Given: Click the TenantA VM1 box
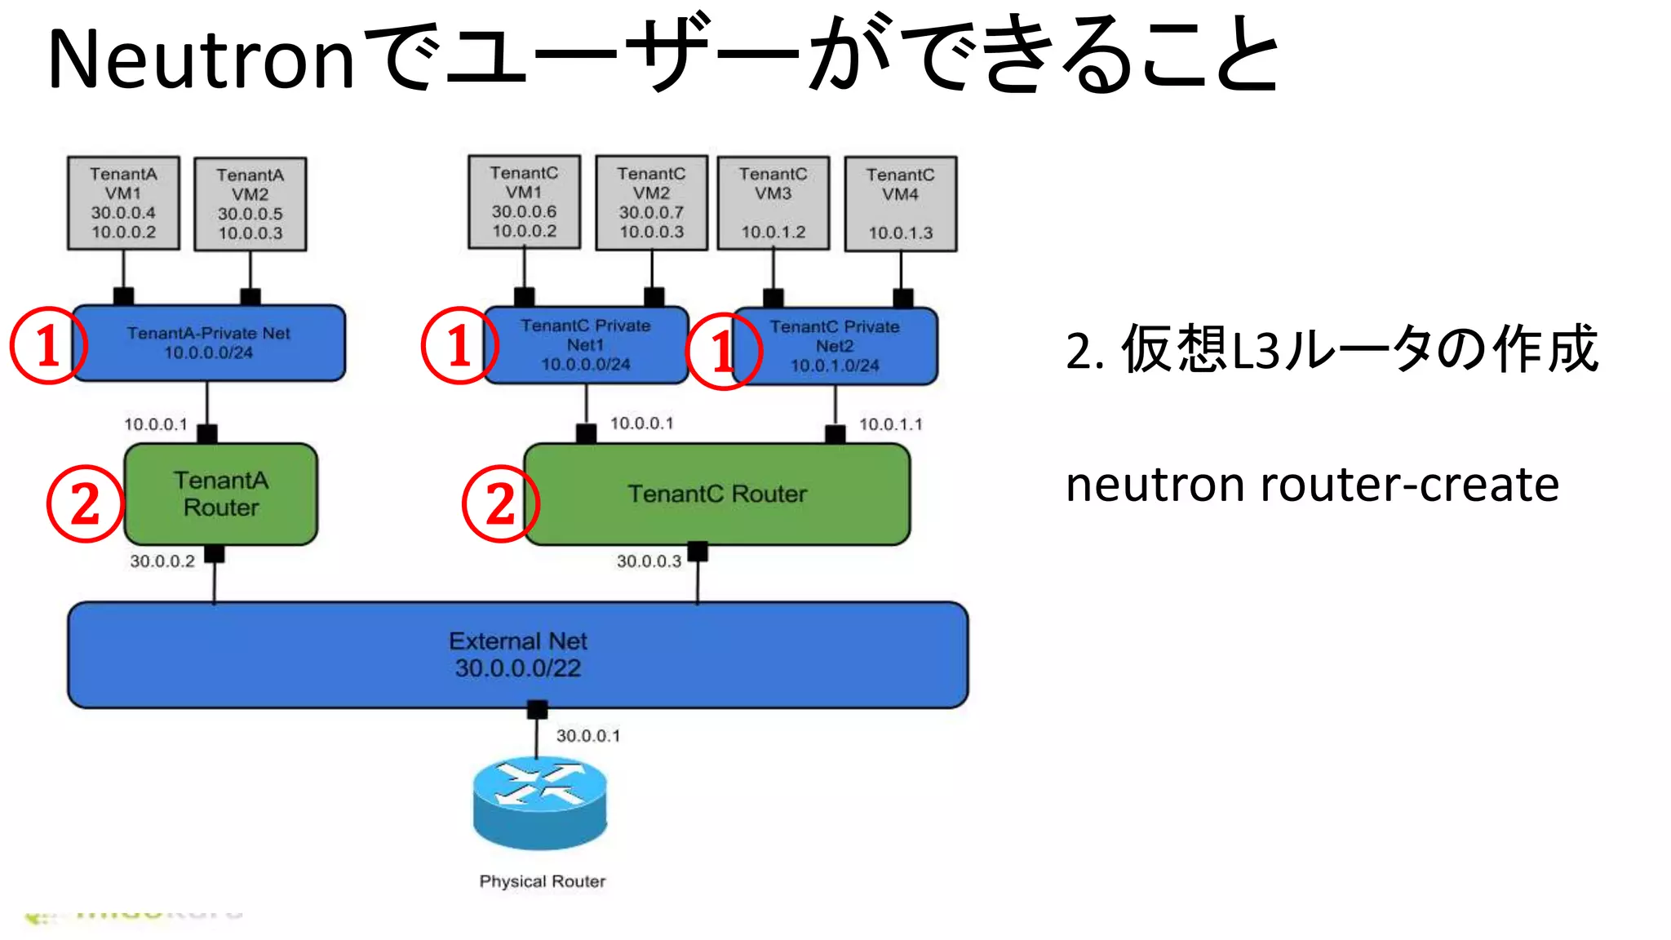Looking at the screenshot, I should pyautogui.click(x=123, y=203).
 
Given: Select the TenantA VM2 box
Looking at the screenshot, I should pyautogui.click(x=250, y=204).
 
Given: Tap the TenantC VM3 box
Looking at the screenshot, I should pyautogui.click(x=773, y=203).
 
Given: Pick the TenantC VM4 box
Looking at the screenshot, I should pyautogui.click(x=900, y=204).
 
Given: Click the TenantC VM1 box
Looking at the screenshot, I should pyautogui.click(x=524, y=202).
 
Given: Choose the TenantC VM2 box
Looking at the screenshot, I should pyautogui.click(x=651, y=203).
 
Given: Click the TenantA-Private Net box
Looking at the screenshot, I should pyautogui.click(x=209, y=343).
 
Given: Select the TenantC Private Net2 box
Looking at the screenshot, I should pyautogui.click(x=835, y=346).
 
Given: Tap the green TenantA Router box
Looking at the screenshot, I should pyautogui.click(x=220, y=494).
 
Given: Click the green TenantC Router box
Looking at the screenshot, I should pyautogui.click(x=716, y=494).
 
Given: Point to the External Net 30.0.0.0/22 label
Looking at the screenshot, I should pyautogui.click(x=518, y=654).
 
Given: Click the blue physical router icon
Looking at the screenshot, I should pyautogui.click(x=540, y=802).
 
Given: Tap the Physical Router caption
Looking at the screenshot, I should pyautogui.click(x=543, y=881).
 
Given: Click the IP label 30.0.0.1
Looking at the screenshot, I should pyautogui.click(x=588, y=736).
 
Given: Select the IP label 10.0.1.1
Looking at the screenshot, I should pyautogui.click(x=890, y=424).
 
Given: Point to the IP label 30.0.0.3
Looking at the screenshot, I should pyautogui.click(x=649, y=561).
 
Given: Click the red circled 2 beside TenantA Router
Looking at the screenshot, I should pyautogui.click(x=85, y=503).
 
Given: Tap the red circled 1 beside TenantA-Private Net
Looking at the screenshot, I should pyautogui.click(x=47, y=345).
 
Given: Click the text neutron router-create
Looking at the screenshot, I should pyautogui.click(x=1312, y=485).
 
